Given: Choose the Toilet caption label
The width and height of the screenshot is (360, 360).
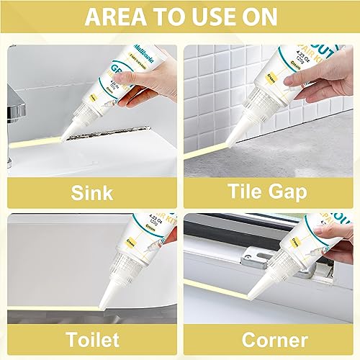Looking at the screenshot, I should [90, 339].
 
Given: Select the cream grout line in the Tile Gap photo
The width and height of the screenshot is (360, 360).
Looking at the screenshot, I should [216, 156].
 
